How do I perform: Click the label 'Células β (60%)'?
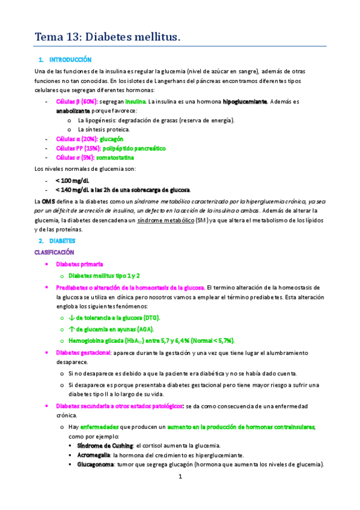point(76,102)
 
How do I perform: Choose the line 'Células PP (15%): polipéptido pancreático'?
point(111,148)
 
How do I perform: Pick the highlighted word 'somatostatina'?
point(119,158)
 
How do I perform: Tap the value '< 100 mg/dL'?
point(72,180)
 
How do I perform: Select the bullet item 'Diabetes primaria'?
point(79,264)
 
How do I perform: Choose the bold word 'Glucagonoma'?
point(95,464)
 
